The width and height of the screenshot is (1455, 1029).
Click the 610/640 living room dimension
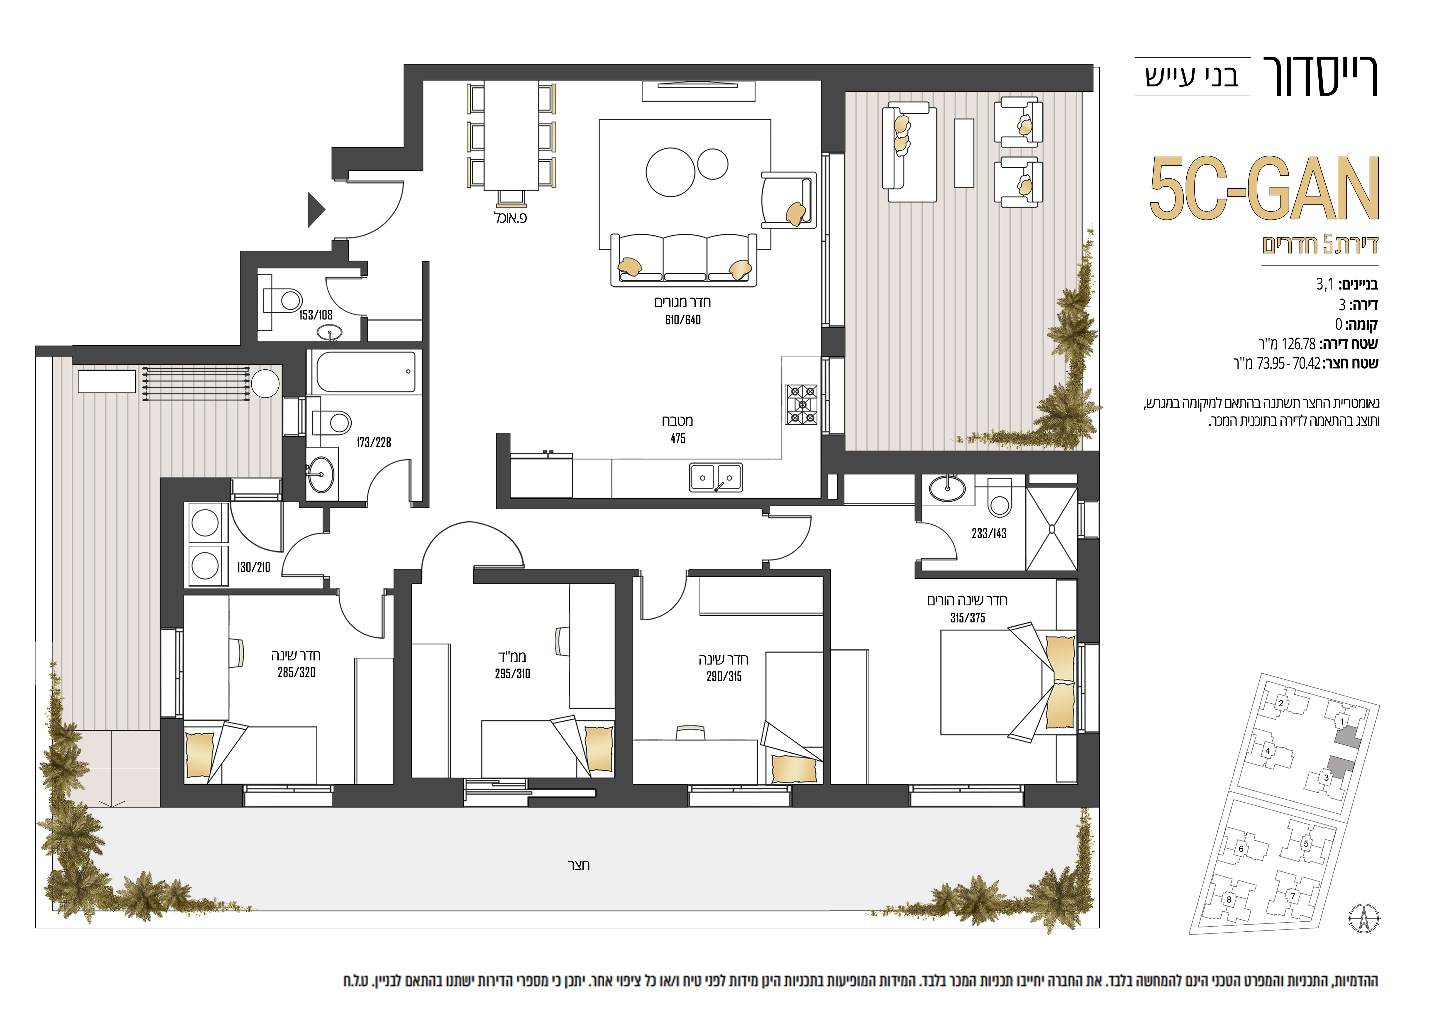(x=683, y=320)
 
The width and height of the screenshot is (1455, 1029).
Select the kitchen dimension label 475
(x=678, y=439)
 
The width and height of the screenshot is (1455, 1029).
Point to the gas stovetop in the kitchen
(x=802, y=404)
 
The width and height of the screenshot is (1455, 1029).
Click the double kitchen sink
(x=716, y=478)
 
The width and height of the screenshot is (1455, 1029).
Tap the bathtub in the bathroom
(x=366, y=373)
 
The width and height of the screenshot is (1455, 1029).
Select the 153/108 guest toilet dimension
(x=316, y=315)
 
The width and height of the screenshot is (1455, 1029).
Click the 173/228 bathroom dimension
(x=374, y=442)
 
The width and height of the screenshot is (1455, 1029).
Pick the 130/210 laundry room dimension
(x=253, y=567)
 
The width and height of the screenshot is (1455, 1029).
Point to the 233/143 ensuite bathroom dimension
(x=989, y=534)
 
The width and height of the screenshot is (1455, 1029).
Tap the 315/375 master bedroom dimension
(x=968, y=618)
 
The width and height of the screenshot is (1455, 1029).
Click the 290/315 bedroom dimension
(x=724, y=677)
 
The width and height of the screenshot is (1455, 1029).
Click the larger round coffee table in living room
(x=670, y=172)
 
